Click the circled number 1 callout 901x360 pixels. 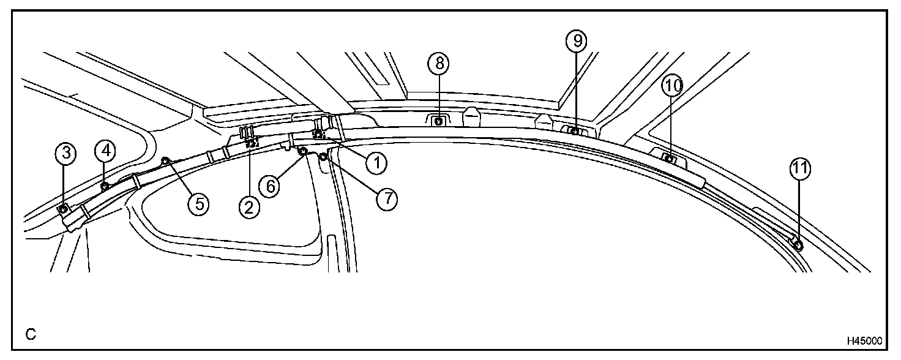[x=377, y=162]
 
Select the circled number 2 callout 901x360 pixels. [x=249, y=208]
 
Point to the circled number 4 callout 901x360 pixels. [x=104, y=149]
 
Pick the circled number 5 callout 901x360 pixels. [x=198, y=203]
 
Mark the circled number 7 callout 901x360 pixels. [x=386, y=198]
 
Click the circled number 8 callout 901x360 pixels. [x=438, y=62]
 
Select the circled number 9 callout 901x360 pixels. [x=575, y=41]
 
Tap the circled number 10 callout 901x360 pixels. [x=672, y=86]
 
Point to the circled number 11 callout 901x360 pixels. [x=799, y=171]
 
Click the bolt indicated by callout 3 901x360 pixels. [x=63, y=210]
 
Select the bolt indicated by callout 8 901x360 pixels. [x=438, y=121]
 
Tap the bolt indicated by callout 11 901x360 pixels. [x=798, y=246]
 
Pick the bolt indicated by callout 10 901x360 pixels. [x=669, y=159]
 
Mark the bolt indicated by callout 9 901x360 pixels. [x=575, y=131]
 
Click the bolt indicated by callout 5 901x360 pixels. [x=165, y=161]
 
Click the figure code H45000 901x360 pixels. [x=864, y=340]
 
